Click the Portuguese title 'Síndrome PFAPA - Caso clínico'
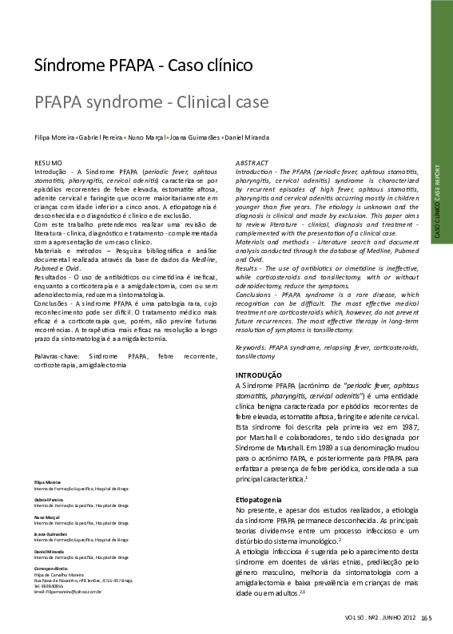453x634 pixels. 144,65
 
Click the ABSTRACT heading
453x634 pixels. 252,162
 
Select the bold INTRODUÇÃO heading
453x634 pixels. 258,374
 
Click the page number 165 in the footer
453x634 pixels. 426,617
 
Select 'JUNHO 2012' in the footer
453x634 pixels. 396,617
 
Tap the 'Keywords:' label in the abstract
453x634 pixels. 251,348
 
